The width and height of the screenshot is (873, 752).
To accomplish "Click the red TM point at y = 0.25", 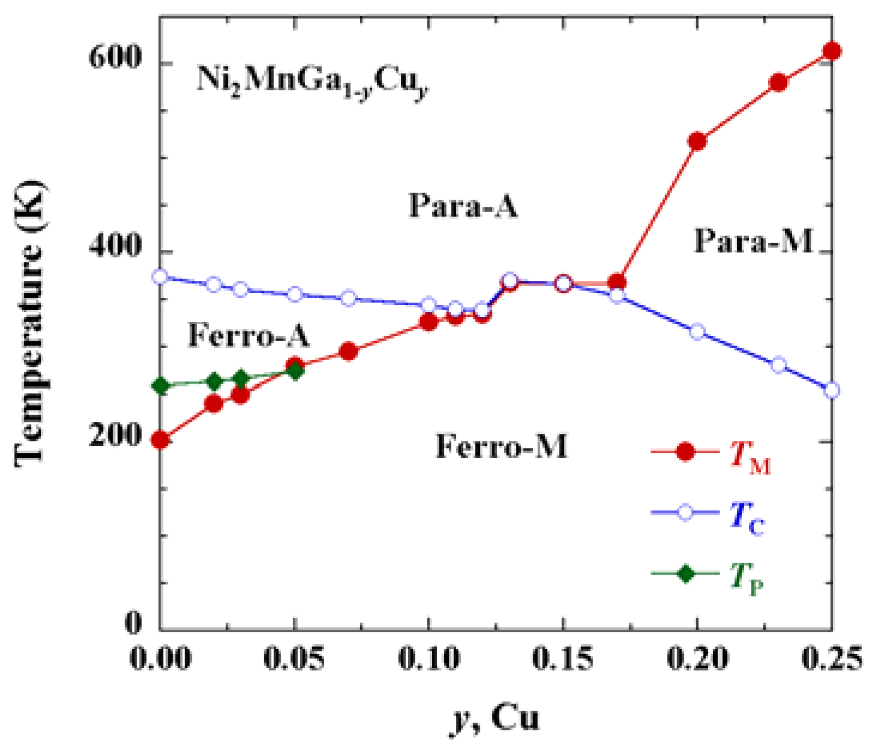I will point(832,52).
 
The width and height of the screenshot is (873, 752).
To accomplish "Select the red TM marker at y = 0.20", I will point(697,141).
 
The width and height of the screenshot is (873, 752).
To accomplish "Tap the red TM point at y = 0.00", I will point(160,440).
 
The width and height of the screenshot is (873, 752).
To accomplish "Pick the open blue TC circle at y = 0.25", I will point(832,390).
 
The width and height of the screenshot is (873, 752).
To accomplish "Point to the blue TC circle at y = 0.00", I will point(160,277).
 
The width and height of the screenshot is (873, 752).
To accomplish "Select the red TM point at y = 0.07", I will point(348,351).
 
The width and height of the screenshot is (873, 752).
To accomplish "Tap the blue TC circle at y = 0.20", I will point(697,332).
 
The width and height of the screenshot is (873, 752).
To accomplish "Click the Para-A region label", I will point(463,207).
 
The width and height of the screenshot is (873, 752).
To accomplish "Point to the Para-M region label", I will point(754,241).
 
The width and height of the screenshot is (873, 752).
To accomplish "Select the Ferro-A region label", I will point(249,335).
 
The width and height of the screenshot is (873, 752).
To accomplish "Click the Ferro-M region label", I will point(501,446).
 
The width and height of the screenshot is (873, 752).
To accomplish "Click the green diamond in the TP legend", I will point(685,574).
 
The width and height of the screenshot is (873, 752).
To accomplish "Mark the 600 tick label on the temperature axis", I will point(115,58).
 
